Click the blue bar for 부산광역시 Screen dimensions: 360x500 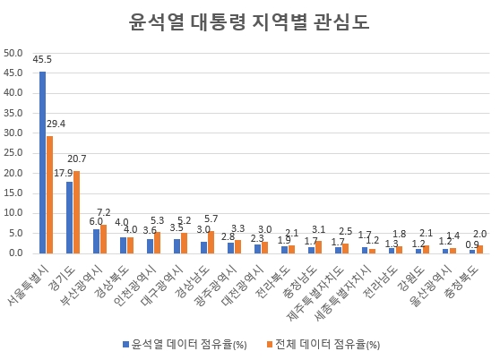(96, 241)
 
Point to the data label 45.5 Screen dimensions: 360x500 (42, 59)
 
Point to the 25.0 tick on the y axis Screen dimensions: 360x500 (13, 153)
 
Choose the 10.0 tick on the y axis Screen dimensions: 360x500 (13, 213)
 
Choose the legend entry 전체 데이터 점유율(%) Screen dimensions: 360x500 (328, 342)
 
